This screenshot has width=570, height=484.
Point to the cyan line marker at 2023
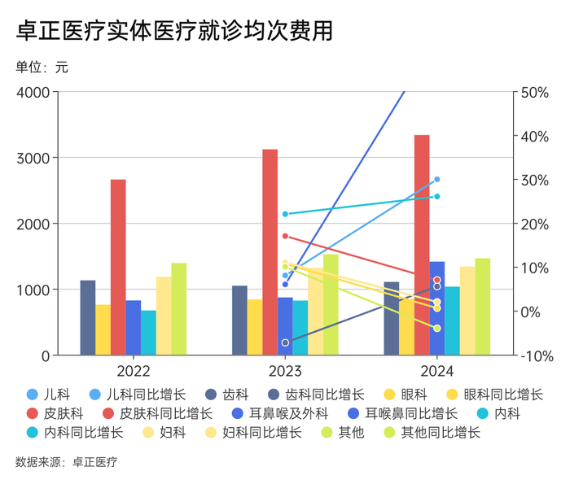(x=285, y=214)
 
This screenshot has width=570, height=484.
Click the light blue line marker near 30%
(x=437, y=179)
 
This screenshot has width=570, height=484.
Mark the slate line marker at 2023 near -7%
(x=285, y=342)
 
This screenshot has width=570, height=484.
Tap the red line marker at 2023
(x=285, y=236)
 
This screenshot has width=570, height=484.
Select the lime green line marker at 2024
(x=437, y=329)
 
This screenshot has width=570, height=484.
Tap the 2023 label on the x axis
(x=285, y=371)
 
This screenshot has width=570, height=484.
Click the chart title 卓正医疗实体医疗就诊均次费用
(x=174, y=30)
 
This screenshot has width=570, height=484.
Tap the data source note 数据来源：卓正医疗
(x=66, y=462)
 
